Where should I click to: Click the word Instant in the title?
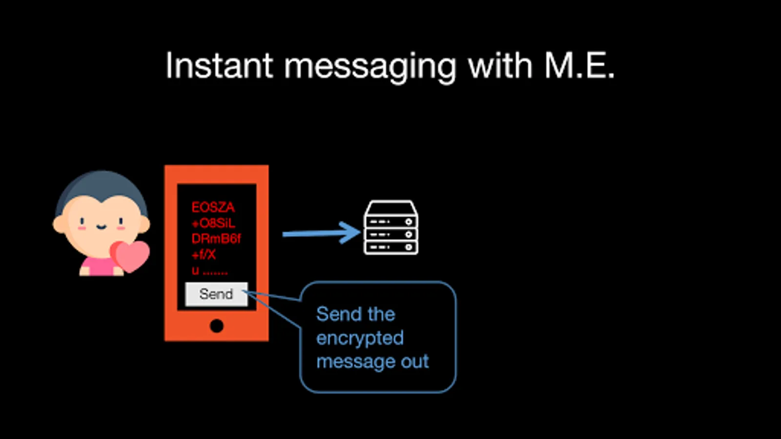point(219,66)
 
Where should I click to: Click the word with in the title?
point(500,66)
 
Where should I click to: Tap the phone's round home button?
point(216,325)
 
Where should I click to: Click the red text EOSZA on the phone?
point(213,207)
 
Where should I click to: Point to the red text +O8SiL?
point(213,223)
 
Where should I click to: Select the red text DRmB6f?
point(216,239)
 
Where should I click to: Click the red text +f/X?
point(204,254)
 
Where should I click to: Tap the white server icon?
point(390,227)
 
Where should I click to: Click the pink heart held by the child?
point(130,255)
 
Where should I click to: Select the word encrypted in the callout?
point(360,338)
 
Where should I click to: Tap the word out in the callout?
point(414,361)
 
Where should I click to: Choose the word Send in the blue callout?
point(336,314)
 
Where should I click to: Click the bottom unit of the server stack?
point(390,247)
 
